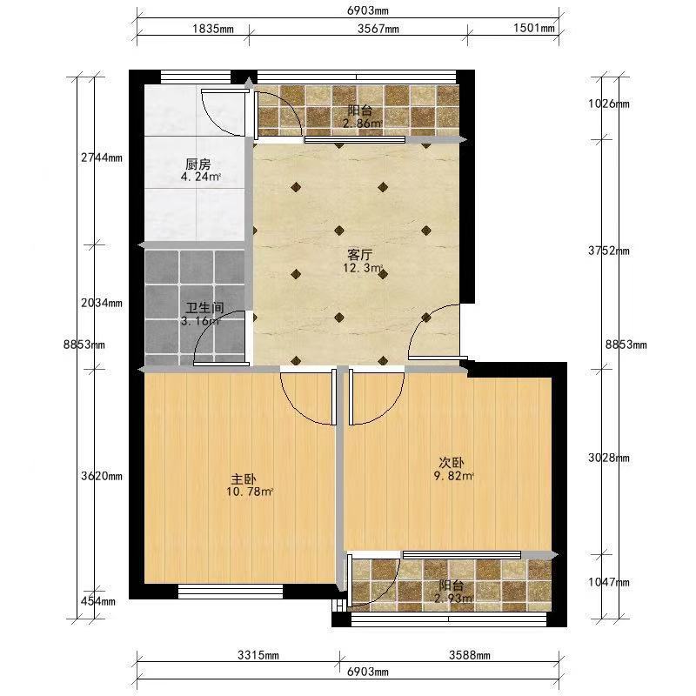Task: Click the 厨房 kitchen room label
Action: pyautogui.click(x=198, y=164)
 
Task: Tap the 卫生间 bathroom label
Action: pyautogui.click(x=204, y=308)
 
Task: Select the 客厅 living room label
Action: pyautogui.click(x=359, y=255)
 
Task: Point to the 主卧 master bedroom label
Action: pyautogui.click(x=244, y=479)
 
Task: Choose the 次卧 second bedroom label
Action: pyautogui.click(x=452, y=463)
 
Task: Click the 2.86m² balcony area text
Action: pyautogui.click(x=362, y=124)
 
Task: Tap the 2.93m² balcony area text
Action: pyautogui.click(x=453, y=599)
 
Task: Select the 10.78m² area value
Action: pyautogui.click(x=250, y=492)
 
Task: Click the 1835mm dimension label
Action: pyautogui.click(x=213, y=29)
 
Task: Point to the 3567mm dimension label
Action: pyautogui.click(x=378, y=29)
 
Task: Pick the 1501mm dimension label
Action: pyautogui.click(x=534, y=28)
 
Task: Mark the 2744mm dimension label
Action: pyautogui.click(x=102, y=157)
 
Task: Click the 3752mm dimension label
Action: pyautogui.click(x=609, y=251)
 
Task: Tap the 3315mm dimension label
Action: pyautogui.click(x=258, y=655)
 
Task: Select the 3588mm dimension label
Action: pyautogui.click(x=470, y=655)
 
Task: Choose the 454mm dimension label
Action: pyautogui.click(x=98, y=601)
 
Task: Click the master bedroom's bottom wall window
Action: pyautogui.click(x=231, y=592)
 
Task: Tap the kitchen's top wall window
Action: pyautogui.click(x=196, y=77)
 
